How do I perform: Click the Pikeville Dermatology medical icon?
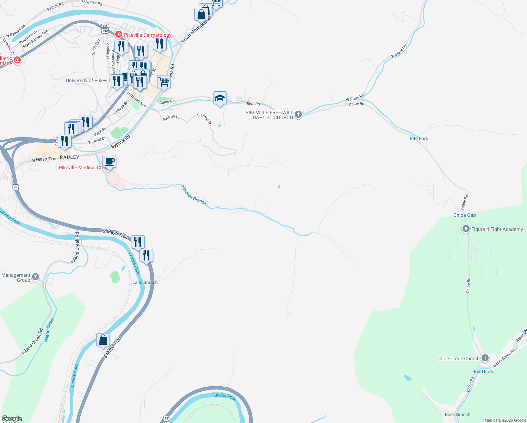119,35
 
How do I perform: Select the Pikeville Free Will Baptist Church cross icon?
298,114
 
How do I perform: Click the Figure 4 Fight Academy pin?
466,229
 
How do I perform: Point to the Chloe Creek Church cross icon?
485,358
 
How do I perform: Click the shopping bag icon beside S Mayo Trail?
103,340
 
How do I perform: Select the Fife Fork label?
419,139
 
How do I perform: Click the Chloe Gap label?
464,215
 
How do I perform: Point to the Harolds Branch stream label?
194,195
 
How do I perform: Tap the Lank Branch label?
145,282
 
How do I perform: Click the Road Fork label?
483,372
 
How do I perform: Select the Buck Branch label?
457,415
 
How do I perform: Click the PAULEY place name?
69,157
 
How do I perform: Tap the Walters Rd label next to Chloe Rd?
354,98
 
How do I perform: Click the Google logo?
12,419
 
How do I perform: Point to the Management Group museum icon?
36,277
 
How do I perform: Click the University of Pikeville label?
88,80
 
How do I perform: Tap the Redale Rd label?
55,6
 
